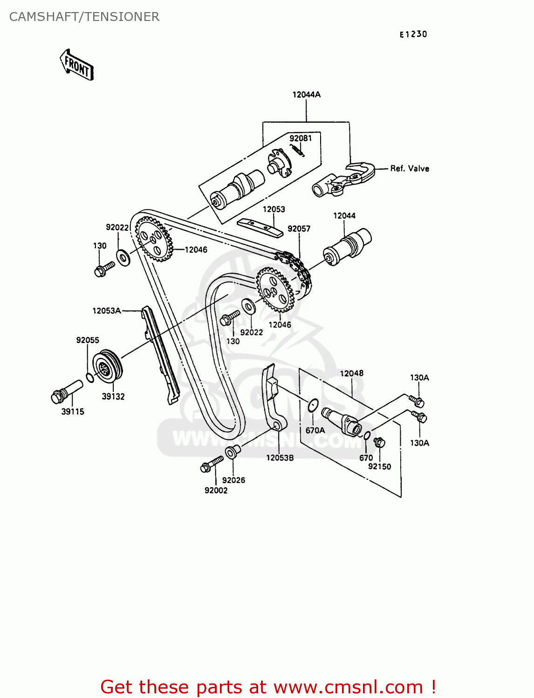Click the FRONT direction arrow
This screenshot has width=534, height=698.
(77, 65)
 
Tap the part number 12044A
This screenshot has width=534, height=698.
(306, 94)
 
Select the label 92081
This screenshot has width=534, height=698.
(301, 138)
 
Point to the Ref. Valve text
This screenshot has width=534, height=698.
(410, 168)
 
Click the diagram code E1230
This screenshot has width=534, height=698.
(413, 34)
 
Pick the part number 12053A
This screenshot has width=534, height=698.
(106, 310)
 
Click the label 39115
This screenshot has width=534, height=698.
(73, 411)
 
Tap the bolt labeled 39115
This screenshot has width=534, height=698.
(65, 392)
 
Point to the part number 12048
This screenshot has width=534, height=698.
(351, 373)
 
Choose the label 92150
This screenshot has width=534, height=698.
(379, 466)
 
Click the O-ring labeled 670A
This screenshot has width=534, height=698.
(313, 405)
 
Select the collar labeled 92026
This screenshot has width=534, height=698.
(232, 451)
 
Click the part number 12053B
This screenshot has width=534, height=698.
(280, 457)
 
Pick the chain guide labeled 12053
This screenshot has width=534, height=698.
(260, 227)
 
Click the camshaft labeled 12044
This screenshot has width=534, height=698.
(347, 246)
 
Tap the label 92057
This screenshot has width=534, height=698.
(299, 228)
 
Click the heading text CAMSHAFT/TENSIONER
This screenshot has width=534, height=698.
(84, 17)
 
